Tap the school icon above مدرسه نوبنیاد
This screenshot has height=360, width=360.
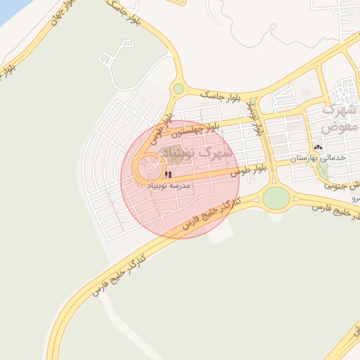(x=167, y=174)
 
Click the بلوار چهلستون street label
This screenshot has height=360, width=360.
(x=199, y=128)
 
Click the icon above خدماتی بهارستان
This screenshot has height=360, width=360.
(x=319, y=148)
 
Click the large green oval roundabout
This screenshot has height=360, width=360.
(x=276, y=198)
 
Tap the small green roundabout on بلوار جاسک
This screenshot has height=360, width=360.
(x=179, y=89)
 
